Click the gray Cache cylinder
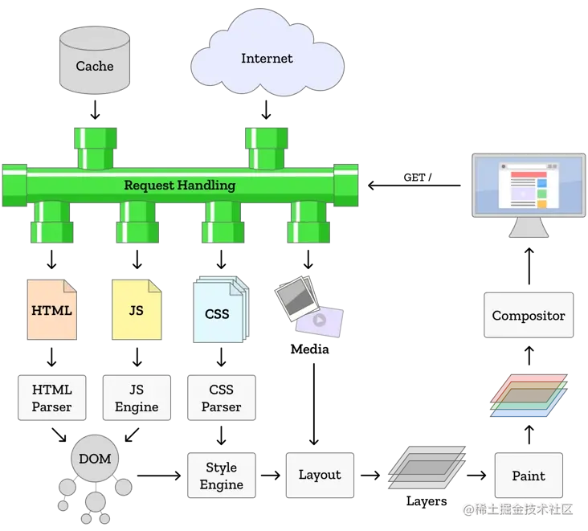coord(95,60)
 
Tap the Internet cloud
coord(267,55)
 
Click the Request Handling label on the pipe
coord(180,185)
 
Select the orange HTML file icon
coord(51,309)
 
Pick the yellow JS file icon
coord(137,309)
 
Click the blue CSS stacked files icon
coord(220,309)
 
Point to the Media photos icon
coord(308,306)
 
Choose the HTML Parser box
coord(51,398)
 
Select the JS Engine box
coord(137,398)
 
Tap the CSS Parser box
coord(221,398)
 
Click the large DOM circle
coord(95,458)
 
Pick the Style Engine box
coord(221,475)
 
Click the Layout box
coord(320,475)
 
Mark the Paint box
coord(529,475)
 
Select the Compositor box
coord(529,315)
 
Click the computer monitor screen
coord(529,185)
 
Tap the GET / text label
coord(418,178)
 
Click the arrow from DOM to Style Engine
coord(159,476)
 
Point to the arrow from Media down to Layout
coord(314,404)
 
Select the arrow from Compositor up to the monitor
coord(529,266)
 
